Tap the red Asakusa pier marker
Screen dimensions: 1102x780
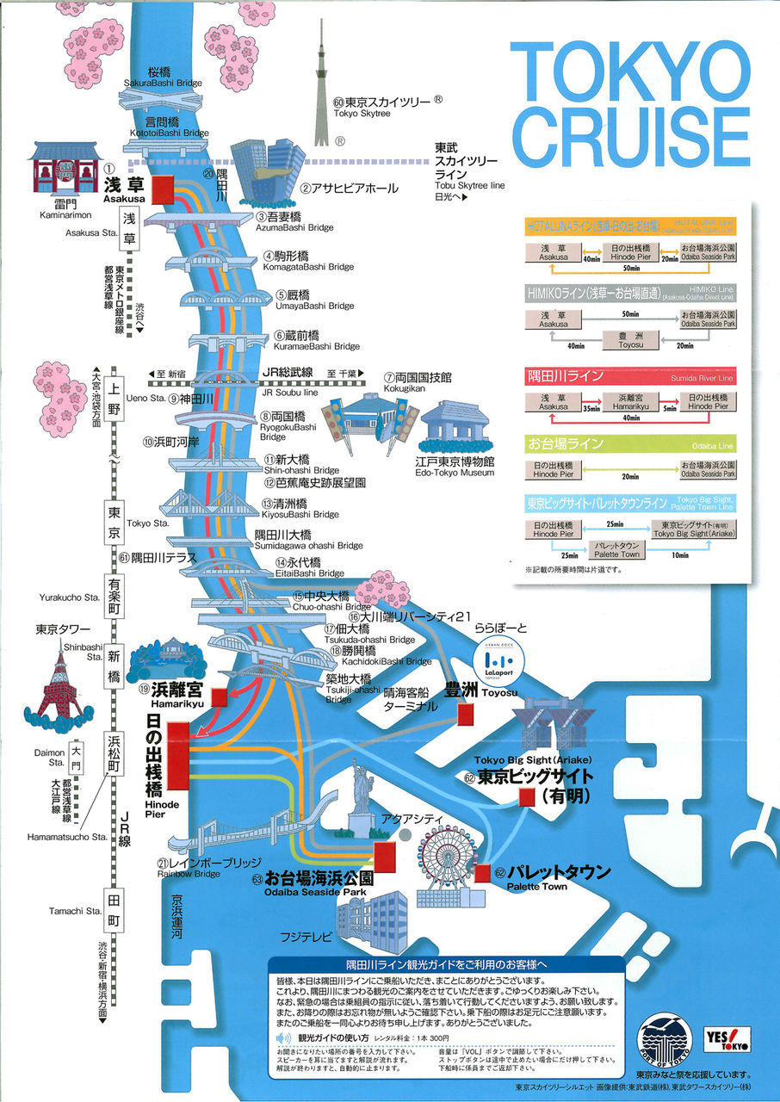(x=162, y=188)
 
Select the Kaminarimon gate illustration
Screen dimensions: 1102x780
(x=59, y=169)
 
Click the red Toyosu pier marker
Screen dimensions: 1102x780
(x=467, y=714)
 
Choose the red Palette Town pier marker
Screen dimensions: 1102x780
(x=482, y=872)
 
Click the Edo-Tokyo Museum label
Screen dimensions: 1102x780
(x=455, y=467)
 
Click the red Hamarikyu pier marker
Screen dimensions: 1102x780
(x=220, y=697)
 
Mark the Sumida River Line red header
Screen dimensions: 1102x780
(x=630, y=376)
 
